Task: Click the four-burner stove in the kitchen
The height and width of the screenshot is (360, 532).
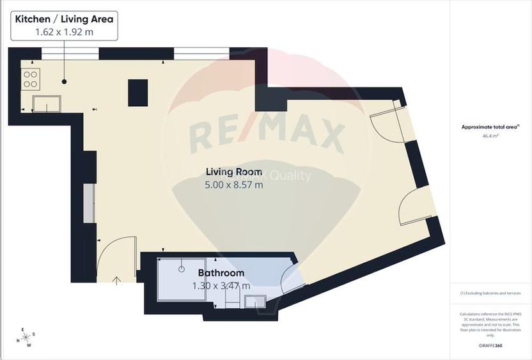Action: click(x=30, y=79)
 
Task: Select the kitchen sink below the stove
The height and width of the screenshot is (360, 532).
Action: click(x=48, y=103)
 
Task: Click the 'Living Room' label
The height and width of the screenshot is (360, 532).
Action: click(x=233, y=171)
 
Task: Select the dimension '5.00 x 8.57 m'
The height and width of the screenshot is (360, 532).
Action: click(x=233, y=185)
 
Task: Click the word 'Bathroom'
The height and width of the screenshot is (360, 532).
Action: click(x=221, y=273)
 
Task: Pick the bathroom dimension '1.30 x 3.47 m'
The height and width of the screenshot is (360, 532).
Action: click(x=221, y=286)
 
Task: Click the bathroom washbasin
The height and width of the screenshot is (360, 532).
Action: click(x=255, y=301)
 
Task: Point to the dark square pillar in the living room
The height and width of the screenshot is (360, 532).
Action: click(x=137, y=92)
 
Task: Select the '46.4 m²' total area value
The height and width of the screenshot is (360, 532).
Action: click(x=490, y=136)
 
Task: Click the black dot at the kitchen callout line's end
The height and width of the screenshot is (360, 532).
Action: click(x=64, y=81)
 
